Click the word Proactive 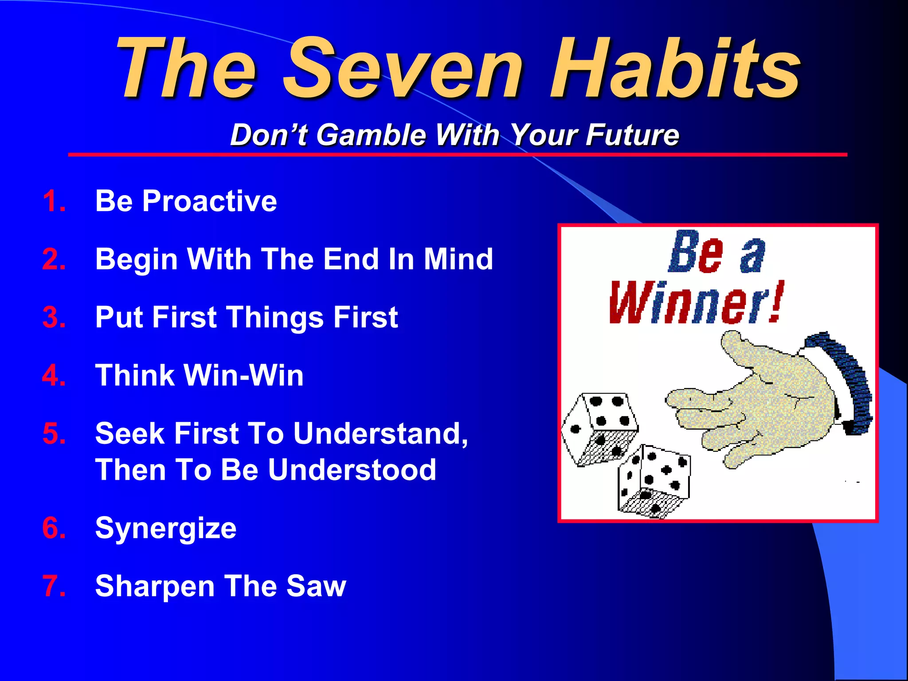tap(209, 201)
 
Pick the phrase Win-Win tap(243, 376)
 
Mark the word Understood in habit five tap(352, 470)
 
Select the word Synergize tap(166, 529)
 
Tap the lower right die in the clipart tap(654, 481)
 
